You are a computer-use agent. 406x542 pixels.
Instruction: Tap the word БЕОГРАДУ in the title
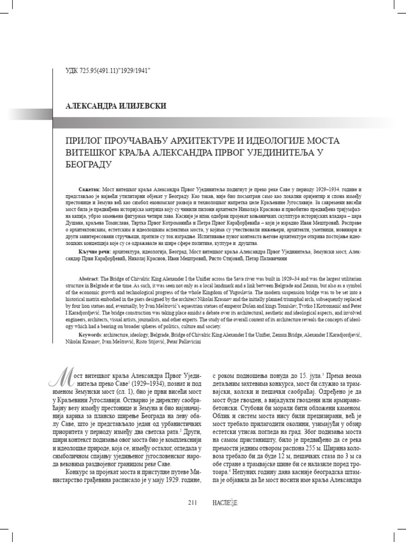[87, 164]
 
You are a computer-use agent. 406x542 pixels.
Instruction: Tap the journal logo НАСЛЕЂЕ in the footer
[226, 503]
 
